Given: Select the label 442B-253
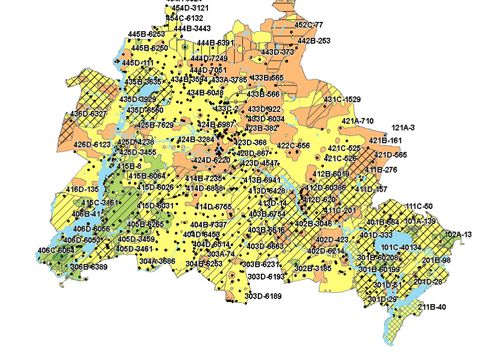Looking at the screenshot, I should click(314, 41).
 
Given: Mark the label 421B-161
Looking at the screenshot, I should click(386, 141).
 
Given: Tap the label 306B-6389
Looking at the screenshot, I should click(88, 267).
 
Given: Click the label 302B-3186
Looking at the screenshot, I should click(312, 268).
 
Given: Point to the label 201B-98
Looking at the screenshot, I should click(436, 260).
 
